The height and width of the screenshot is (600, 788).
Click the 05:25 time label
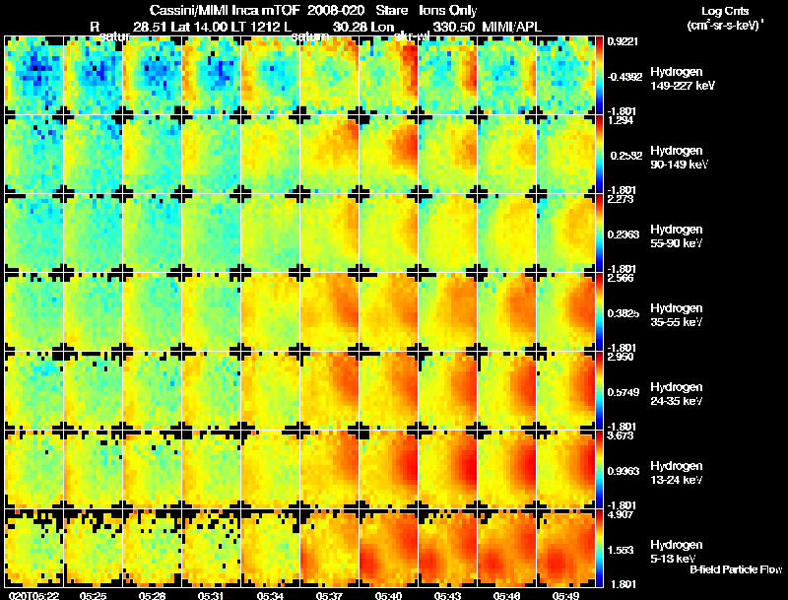tap(94, 595)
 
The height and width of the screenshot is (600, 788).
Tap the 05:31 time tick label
tap(212, 595)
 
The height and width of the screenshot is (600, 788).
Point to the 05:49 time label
tap(565, 595)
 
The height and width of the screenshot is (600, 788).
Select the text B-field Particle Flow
tap(735, 570)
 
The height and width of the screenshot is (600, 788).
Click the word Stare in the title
tap(392, 11)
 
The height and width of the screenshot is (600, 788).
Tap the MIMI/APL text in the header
tap(513, 27)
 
